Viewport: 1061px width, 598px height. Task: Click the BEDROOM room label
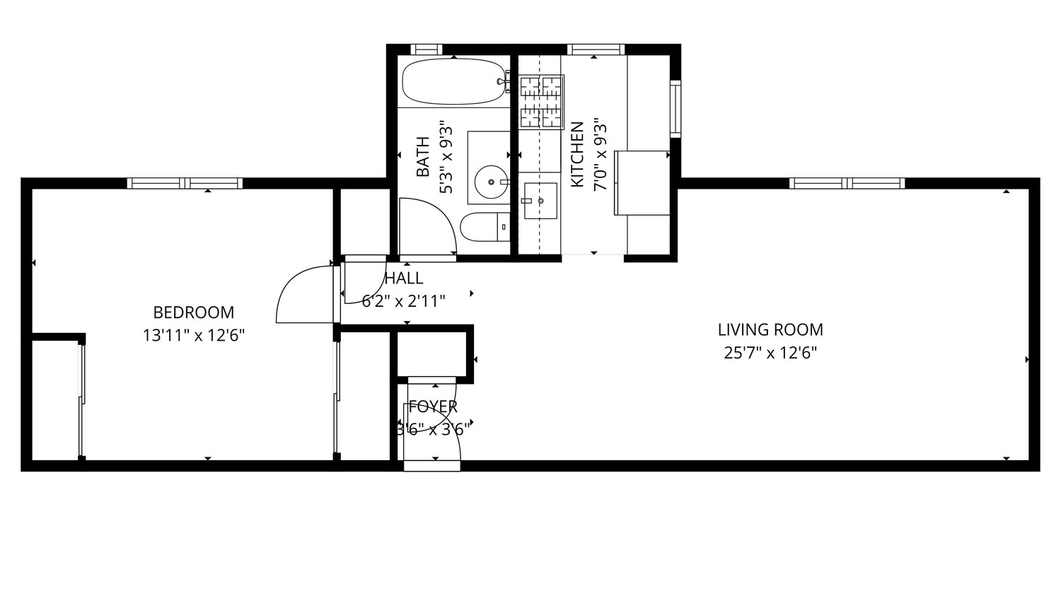(193, 312)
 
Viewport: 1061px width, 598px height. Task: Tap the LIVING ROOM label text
(770, 329)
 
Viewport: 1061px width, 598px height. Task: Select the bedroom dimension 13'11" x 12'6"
(193, 335)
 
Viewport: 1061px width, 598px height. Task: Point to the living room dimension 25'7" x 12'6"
(770, 352)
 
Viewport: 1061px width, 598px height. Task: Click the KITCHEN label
(577, 155)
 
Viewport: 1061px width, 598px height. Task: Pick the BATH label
(423, 156)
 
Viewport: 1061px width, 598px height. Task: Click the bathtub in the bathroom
(453, 81)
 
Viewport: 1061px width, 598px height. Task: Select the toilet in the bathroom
(485, 227)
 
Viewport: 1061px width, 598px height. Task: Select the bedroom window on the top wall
(185, 183)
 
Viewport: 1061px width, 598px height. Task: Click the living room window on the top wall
(847, 183)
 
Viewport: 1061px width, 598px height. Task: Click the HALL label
(404, 279)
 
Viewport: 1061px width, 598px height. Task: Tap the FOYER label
(433, 406)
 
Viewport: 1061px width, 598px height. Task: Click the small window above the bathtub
(426, 49)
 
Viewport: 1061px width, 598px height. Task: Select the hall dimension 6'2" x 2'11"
(404, 302)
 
